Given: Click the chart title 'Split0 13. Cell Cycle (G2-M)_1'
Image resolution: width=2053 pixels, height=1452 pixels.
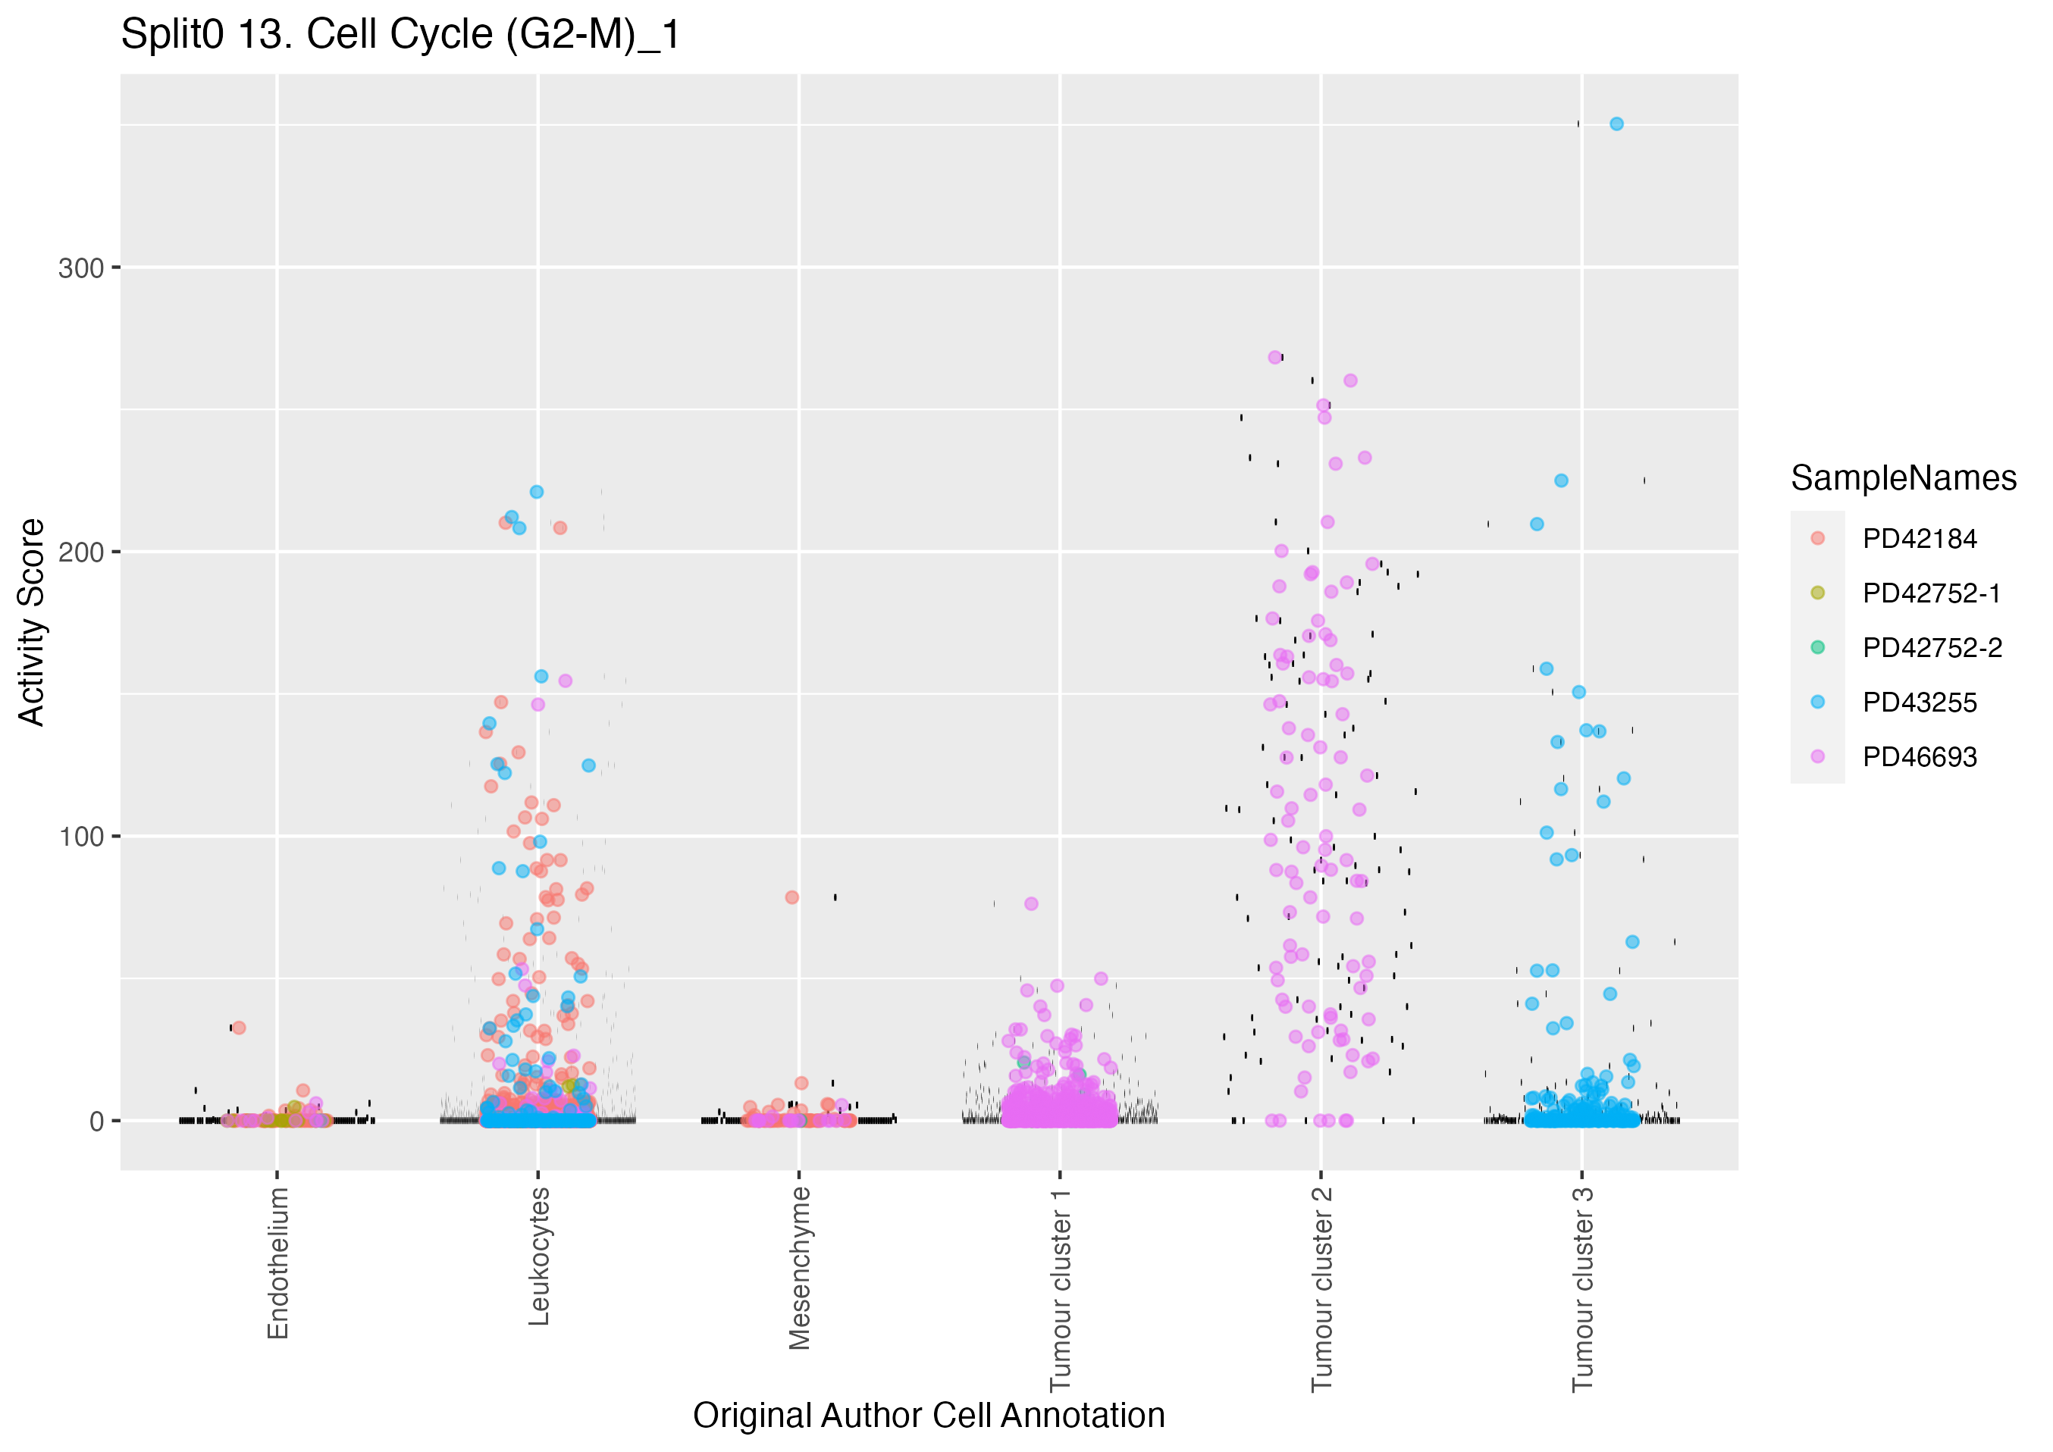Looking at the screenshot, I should pos(400,36).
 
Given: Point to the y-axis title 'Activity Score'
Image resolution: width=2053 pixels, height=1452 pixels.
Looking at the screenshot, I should pos(32,621).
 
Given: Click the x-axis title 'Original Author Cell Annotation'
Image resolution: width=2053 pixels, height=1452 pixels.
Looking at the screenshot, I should pos(928,1416).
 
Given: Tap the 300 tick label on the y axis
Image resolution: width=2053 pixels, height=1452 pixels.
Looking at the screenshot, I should pos(80,268).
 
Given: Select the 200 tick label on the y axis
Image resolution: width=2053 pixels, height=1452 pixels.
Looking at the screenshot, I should pos(80,552).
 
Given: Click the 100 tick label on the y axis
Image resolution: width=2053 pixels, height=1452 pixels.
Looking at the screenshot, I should pos(80,837).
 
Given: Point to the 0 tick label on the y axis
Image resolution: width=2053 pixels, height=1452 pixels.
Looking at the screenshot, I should pos(96,1121).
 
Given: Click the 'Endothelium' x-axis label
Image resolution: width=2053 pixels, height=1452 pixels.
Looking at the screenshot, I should pos(278,1263).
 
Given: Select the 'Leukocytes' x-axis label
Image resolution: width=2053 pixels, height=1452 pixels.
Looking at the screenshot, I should pos(538,1255).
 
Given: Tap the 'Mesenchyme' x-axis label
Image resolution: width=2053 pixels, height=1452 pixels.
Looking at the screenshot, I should pos(799,1267).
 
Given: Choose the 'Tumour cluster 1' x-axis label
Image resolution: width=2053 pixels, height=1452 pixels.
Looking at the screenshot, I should pos(1060,1288).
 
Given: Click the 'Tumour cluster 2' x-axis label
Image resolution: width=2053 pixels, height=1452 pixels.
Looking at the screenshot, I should pos(1321,1288).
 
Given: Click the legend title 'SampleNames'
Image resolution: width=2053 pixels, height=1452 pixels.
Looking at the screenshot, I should pos(1903,478).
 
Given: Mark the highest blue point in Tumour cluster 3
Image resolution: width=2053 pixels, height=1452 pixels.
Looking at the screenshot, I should pos(1616,124).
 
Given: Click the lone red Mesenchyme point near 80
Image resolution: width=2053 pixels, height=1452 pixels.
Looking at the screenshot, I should pos(791,897).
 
